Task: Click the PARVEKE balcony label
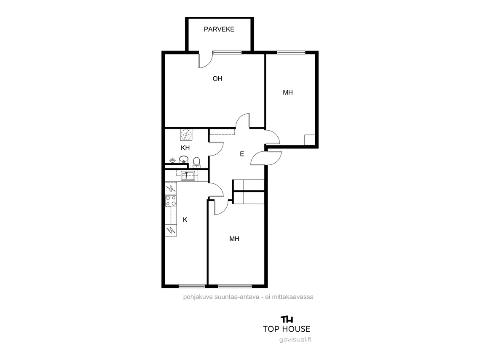tap(219, 30)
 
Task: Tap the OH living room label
tap(217, 79)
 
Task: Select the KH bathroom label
tap(185, 148)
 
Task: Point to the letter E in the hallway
tap(242, 154)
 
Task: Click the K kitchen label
tap(185, 220)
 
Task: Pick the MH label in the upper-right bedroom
tap(288, 92)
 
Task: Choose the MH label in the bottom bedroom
tap(234, 239)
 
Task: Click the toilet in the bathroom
tap(196, 162)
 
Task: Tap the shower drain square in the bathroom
tap(186, 135)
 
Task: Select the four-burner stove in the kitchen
tap(171, 201)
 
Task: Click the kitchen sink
tap(188, 176)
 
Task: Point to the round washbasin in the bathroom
tap(183, 159)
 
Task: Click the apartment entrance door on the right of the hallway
tap(265, 158)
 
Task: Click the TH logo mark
tap(287, 319)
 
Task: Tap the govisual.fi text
tap(295, 339)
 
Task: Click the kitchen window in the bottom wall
tap(192, 286)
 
